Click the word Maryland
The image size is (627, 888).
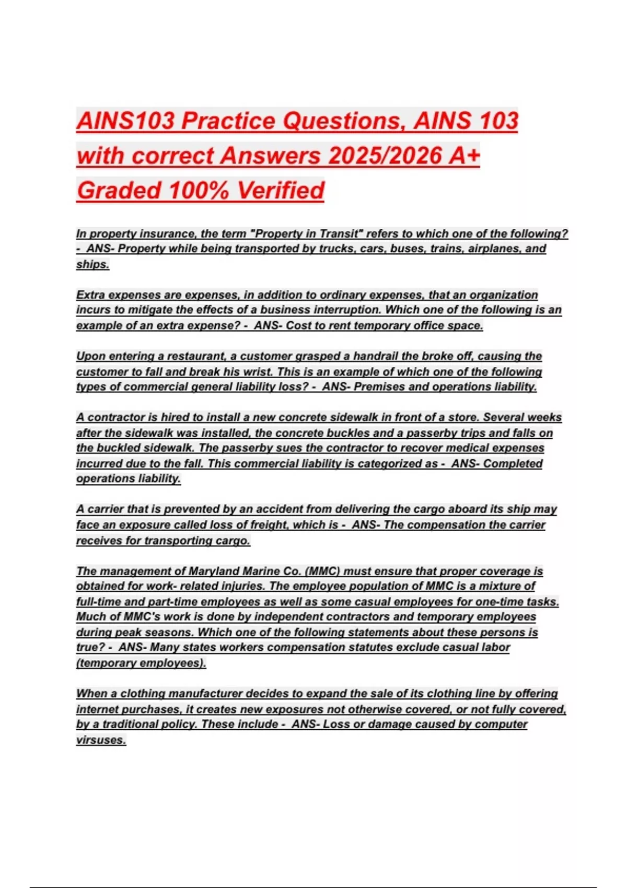coord(211,571)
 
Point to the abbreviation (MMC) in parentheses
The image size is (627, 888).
coord(322,571)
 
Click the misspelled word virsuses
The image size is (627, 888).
coord(101,740)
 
